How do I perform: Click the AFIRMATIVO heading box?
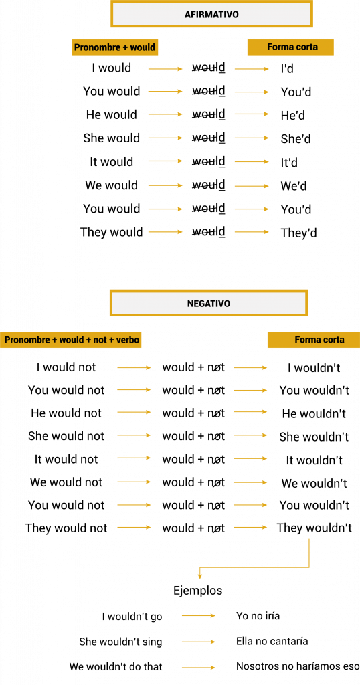click(x=211, y=14)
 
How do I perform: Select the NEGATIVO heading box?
click(x=209, y=303)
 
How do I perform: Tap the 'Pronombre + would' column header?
click(x=114, y=47)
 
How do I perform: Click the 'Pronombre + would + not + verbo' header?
click(x=72, y=340)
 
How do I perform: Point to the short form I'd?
click(x=287, y=69)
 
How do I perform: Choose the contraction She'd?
click(x=295, y=139)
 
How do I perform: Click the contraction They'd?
click(x=298, y=233)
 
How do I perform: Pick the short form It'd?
click(x=289, y=163)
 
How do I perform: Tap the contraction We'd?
click(x=294, y=186)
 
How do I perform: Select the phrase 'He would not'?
click(x=66, y=413)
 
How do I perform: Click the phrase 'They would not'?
click(x=66, y=528)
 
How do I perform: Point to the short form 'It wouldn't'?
click(x=314, y=460)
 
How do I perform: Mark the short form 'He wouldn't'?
click(x=314, y=413)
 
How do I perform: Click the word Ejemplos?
click(x=198, y=591)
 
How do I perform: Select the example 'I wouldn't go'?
click(x=132, y=617)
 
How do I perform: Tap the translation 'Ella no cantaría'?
click(x=272, y=642)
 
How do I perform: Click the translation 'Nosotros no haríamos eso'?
click(x=298, y=666)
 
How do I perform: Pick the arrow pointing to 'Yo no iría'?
click(x=199, y=616)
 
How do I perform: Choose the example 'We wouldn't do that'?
click(x=116, y=667)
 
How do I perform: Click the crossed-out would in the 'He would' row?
click(x=209, y=115)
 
